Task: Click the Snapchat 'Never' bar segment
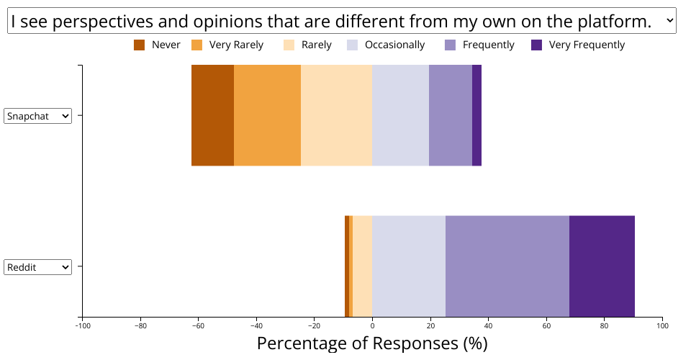coord(212,115)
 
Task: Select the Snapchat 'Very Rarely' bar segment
coord(267,115)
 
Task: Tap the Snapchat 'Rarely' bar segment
coord(336,115)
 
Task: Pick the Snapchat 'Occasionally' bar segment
coord(400,115)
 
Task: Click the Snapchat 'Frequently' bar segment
coord(450,115)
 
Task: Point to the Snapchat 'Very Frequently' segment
coord(477,115)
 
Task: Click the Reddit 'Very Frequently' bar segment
coord(602,266)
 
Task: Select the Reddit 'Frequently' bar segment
coord(507,266)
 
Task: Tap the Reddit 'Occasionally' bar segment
coord(408,266)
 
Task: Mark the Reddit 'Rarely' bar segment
coord(362,266)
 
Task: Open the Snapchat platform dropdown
coord(37,116)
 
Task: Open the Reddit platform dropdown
coord(37,267)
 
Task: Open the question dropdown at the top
coord(342,22)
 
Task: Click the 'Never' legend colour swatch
coord(140,45)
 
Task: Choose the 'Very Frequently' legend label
coord(587,45)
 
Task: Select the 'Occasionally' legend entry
coord(394,45)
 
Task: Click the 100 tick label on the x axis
coord(661,325)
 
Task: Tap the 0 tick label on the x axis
coord(372,325)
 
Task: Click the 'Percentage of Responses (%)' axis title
coord(372,343)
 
